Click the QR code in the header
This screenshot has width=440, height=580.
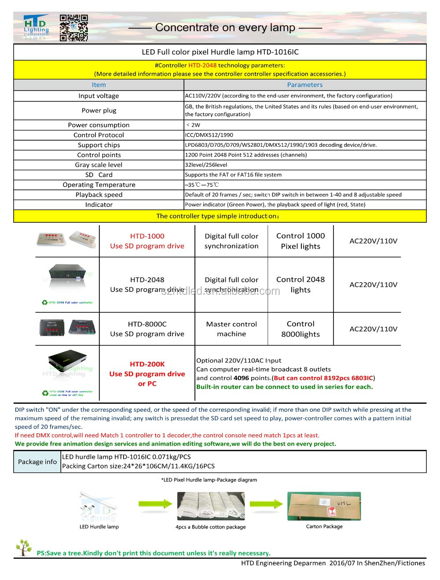[x=73, y=28]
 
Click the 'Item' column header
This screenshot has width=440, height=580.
[x=99, y=85]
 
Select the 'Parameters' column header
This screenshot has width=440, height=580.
[x=304, y=85]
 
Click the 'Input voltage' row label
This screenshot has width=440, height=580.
[x=99, y=96]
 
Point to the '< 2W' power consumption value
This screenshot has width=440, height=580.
[x=193, y=125]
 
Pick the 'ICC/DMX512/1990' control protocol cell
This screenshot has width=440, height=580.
[x=209, y=135]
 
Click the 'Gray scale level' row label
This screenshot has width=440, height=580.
[x=99, y=165]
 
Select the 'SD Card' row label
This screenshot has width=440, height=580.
[x=99, y=175]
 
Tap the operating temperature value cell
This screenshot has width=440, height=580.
[x=202, y=185]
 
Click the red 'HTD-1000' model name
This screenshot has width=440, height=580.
[x=147, y=236]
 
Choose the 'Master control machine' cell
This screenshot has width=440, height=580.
[x=231, y=329]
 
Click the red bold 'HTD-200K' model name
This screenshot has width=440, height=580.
[x=147, y=364]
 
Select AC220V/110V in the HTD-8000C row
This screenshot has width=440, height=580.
[x=373, y=329]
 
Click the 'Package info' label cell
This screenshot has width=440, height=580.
[x=37, y=462]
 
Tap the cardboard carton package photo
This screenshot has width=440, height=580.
[x=324, y=506]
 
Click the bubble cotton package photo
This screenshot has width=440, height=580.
[x=210, y=506]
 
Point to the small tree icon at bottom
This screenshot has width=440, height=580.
[x=24, y=547]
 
